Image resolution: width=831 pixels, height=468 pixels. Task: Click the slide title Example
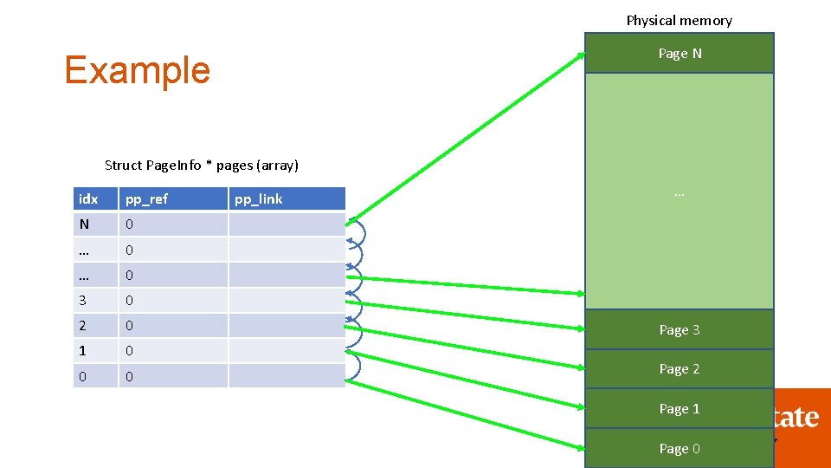(x=137, y=70)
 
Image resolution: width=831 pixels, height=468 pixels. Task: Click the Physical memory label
(x=679, y=20)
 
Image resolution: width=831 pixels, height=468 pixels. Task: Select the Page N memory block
(x=680, y=53)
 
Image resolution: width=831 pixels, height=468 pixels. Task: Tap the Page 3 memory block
(x=680, y=329)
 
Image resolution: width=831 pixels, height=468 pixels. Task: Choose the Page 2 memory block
(x=680, y=369)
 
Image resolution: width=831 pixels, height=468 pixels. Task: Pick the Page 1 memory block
(x=680, y=409)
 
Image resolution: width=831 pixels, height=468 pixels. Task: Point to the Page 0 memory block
(x=680, y=448)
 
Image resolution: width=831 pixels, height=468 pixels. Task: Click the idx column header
(x=95, y=199)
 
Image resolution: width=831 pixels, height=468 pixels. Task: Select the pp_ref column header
(x=173, y=199)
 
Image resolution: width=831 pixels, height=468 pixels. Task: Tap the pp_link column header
(x=286, y=199)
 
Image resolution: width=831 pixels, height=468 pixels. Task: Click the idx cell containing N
(x=95, y=224)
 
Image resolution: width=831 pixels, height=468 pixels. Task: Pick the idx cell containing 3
(x=95, y=301)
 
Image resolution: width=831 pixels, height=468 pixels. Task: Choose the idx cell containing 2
(x=95, y=326)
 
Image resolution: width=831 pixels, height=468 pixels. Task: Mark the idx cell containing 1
(x=95, y=351)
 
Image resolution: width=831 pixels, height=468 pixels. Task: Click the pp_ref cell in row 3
(x=173, y=301)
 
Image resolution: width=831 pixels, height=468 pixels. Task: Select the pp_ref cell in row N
(x=173, y=224)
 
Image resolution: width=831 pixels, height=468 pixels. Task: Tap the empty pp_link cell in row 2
(x=286, y=326)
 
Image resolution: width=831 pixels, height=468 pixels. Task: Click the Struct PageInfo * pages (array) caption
(x=201, y=165)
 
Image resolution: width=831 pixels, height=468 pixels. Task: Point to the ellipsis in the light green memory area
(x=679, y=194)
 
